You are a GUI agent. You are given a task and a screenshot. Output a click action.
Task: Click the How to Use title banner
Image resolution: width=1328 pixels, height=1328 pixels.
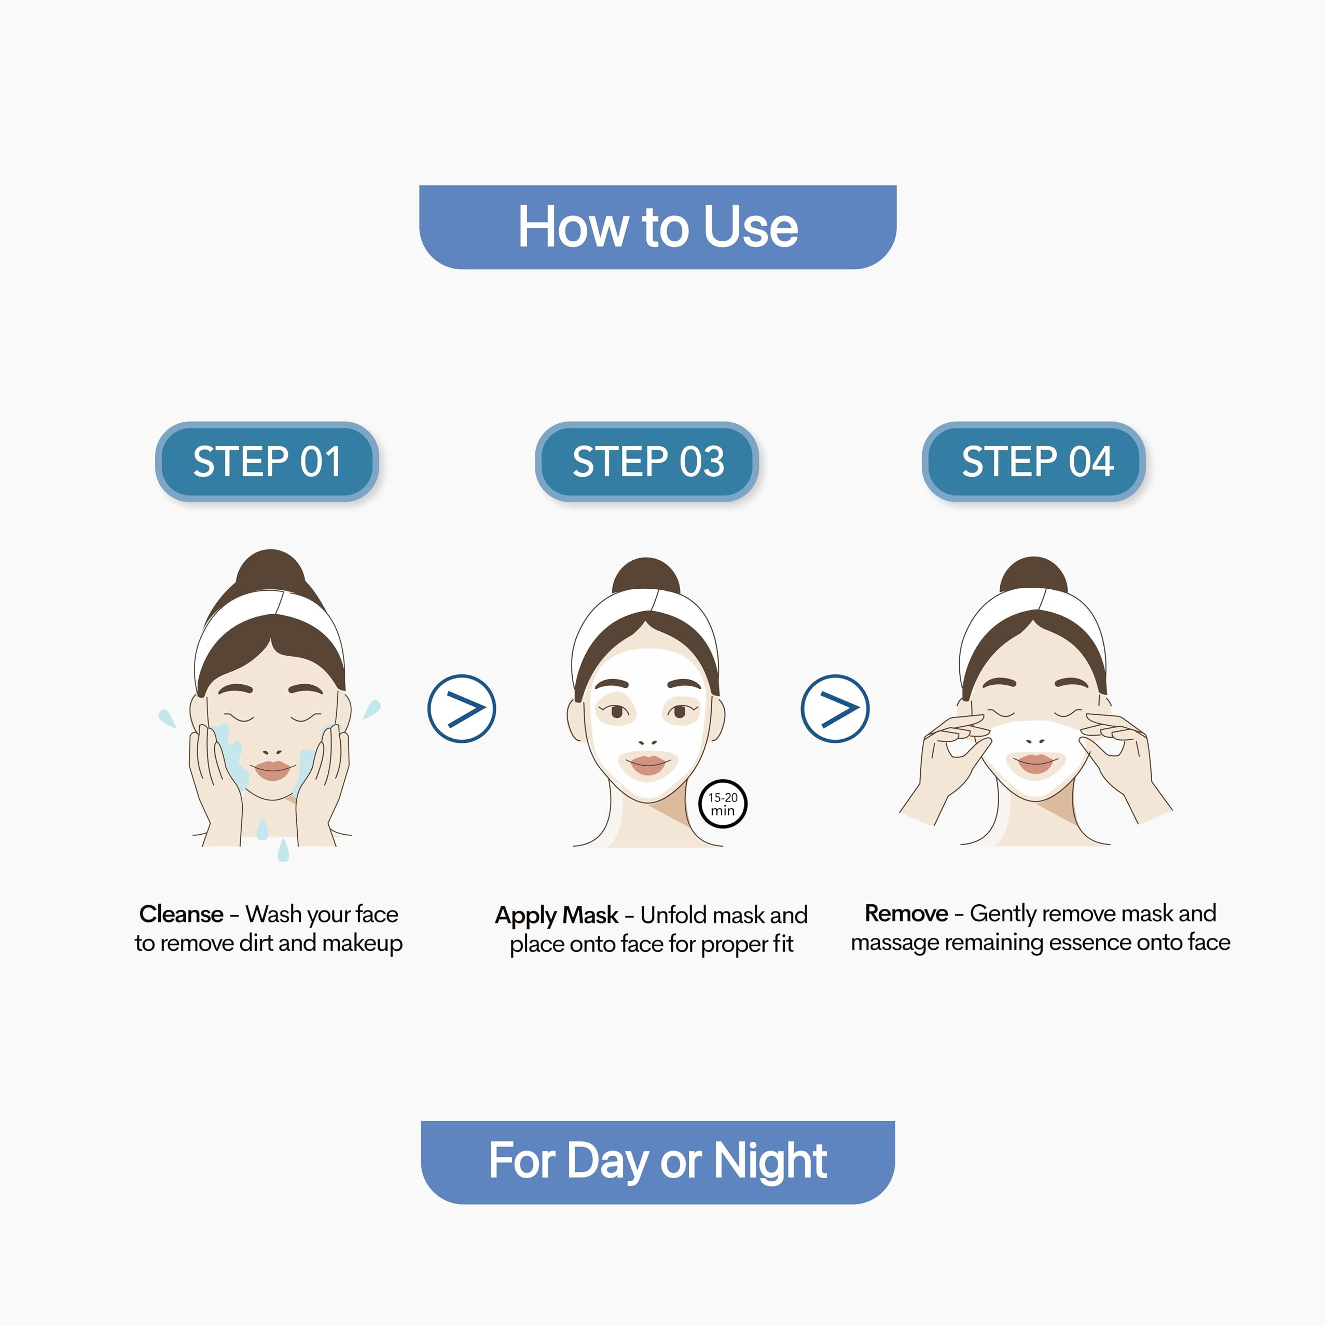point(658,227)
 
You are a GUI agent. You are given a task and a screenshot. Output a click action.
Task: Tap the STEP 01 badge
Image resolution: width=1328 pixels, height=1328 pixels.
point(267,461)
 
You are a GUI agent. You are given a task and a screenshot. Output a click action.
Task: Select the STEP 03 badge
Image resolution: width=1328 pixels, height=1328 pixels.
point(647,461)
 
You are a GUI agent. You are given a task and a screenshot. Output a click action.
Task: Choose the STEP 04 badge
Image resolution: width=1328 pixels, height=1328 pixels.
point(1034,461)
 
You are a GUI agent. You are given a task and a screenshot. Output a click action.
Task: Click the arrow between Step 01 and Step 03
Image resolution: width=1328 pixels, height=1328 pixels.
point(462,709)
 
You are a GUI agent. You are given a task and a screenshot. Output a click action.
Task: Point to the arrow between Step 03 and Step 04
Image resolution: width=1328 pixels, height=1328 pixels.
point(835,709)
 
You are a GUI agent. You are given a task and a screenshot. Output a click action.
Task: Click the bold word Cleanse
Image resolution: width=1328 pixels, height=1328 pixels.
point(181,914)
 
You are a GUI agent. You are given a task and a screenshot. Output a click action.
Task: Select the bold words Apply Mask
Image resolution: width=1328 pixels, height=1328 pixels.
point(557,916)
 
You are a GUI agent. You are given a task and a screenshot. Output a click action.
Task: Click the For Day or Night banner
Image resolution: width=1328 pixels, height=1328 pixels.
point(658,1163)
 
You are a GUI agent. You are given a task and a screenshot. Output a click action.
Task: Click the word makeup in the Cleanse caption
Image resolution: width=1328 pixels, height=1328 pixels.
point(362,944)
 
